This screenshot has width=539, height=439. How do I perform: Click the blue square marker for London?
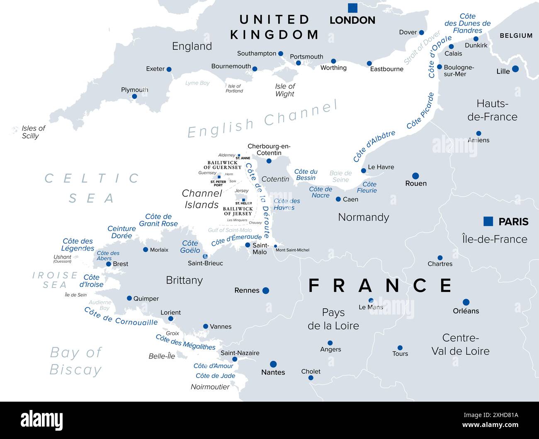point(352,8)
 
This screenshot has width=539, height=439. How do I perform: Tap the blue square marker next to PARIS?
point(488,222)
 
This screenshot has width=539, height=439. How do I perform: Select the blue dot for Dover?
point(421,32)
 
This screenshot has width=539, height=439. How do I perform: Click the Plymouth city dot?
point(134,97)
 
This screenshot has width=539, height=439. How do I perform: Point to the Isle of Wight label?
point(285,90)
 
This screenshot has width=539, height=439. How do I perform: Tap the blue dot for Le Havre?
point(364,171)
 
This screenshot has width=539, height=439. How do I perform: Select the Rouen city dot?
point(415,176)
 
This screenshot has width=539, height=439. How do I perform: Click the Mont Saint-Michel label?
point(292,250)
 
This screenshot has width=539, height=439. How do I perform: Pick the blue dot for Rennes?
point(266,290)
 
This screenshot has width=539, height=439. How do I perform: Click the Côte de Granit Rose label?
point(158,220)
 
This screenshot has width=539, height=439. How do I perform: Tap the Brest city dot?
point(109,264)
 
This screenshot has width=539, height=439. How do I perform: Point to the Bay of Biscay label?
point(75,361)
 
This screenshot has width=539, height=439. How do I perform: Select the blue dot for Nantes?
point(273,364)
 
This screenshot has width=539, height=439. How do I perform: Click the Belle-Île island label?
point(162,356)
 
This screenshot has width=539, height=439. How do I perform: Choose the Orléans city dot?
point(466,302)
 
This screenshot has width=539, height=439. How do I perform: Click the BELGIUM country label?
point(516,36)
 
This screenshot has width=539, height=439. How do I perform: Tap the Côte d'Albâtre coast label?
point(374,146)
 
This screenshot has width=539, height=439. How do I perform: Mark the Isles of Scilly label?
point(33,132)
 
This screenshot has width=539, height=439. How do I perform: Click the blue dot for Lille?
point(515,69)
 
